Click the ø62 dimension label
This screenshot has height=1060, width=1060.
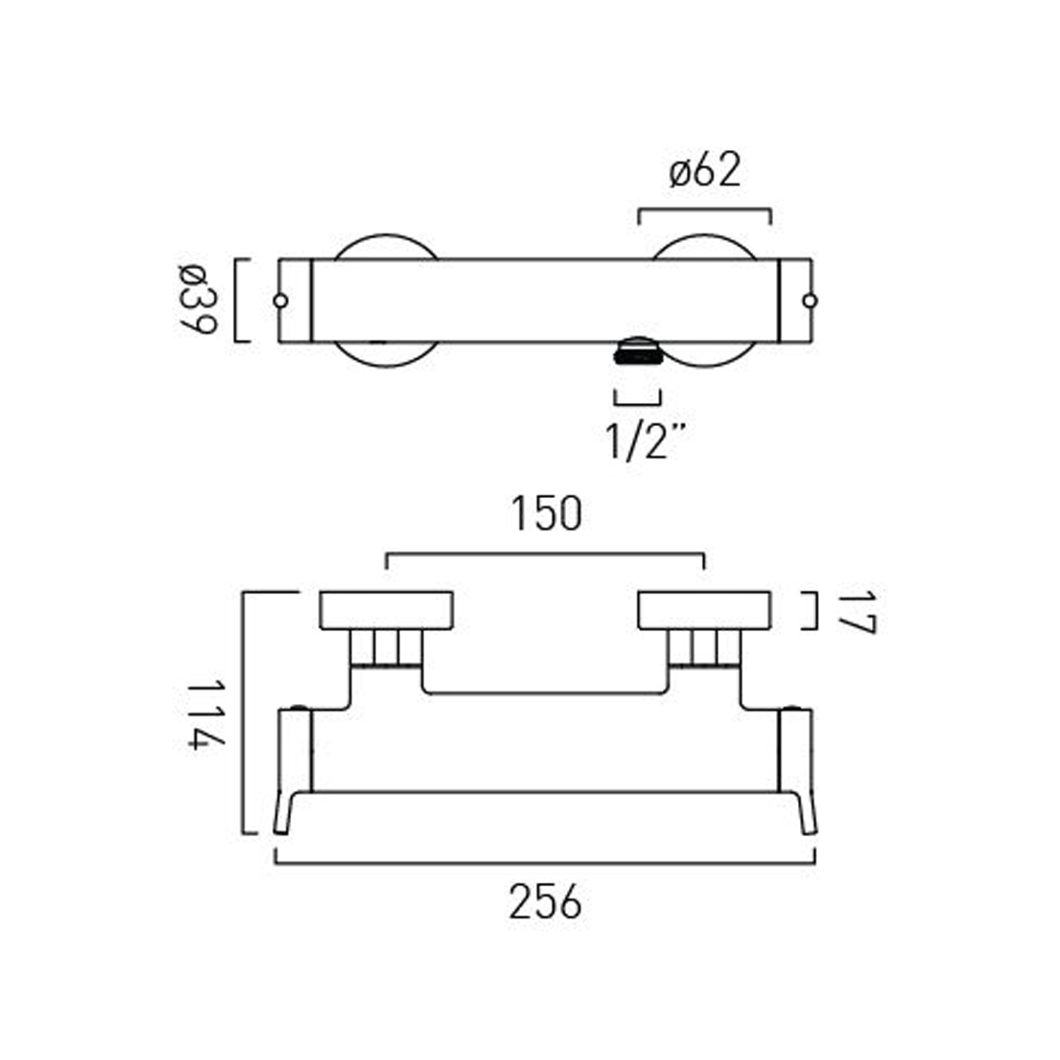click(705, 172)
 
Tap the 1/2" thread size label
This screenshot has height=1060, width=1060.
click(645, 441)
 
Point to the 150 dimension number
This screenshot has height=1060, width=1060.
click(546, 514)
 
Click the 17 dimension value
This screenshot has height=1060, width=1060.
click(856, 612)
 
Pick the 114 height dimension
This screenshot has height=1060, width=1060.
click(206, 714)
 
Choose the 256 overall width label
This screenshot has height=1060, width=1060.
click(545, 902)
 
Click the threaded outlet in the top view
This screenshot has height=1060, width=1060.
click(638, 351)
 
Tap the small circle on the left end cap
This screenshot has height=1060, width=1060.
click(281, 301)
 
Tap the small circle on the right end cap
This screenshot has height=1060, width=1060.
click(810, 301)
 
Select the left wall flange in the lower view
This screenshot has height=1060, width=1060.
click(386, 610)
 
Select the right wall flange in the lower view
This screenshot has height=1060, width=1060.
click(704, 610)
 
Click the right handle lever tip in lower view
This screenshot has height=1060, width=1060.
click(808, 820)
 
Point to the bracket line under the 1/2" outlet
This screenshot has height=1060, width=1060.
click(637, 404)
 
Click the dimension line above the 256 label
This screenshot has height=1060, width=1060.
click(545, 863)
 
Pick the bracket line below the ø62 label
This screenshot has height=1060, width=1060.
click(705, 209)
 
